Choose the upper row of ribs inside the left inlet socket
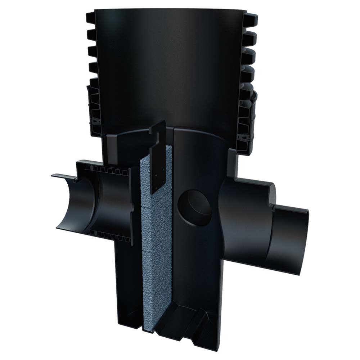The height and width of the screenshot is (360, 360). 108,169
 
